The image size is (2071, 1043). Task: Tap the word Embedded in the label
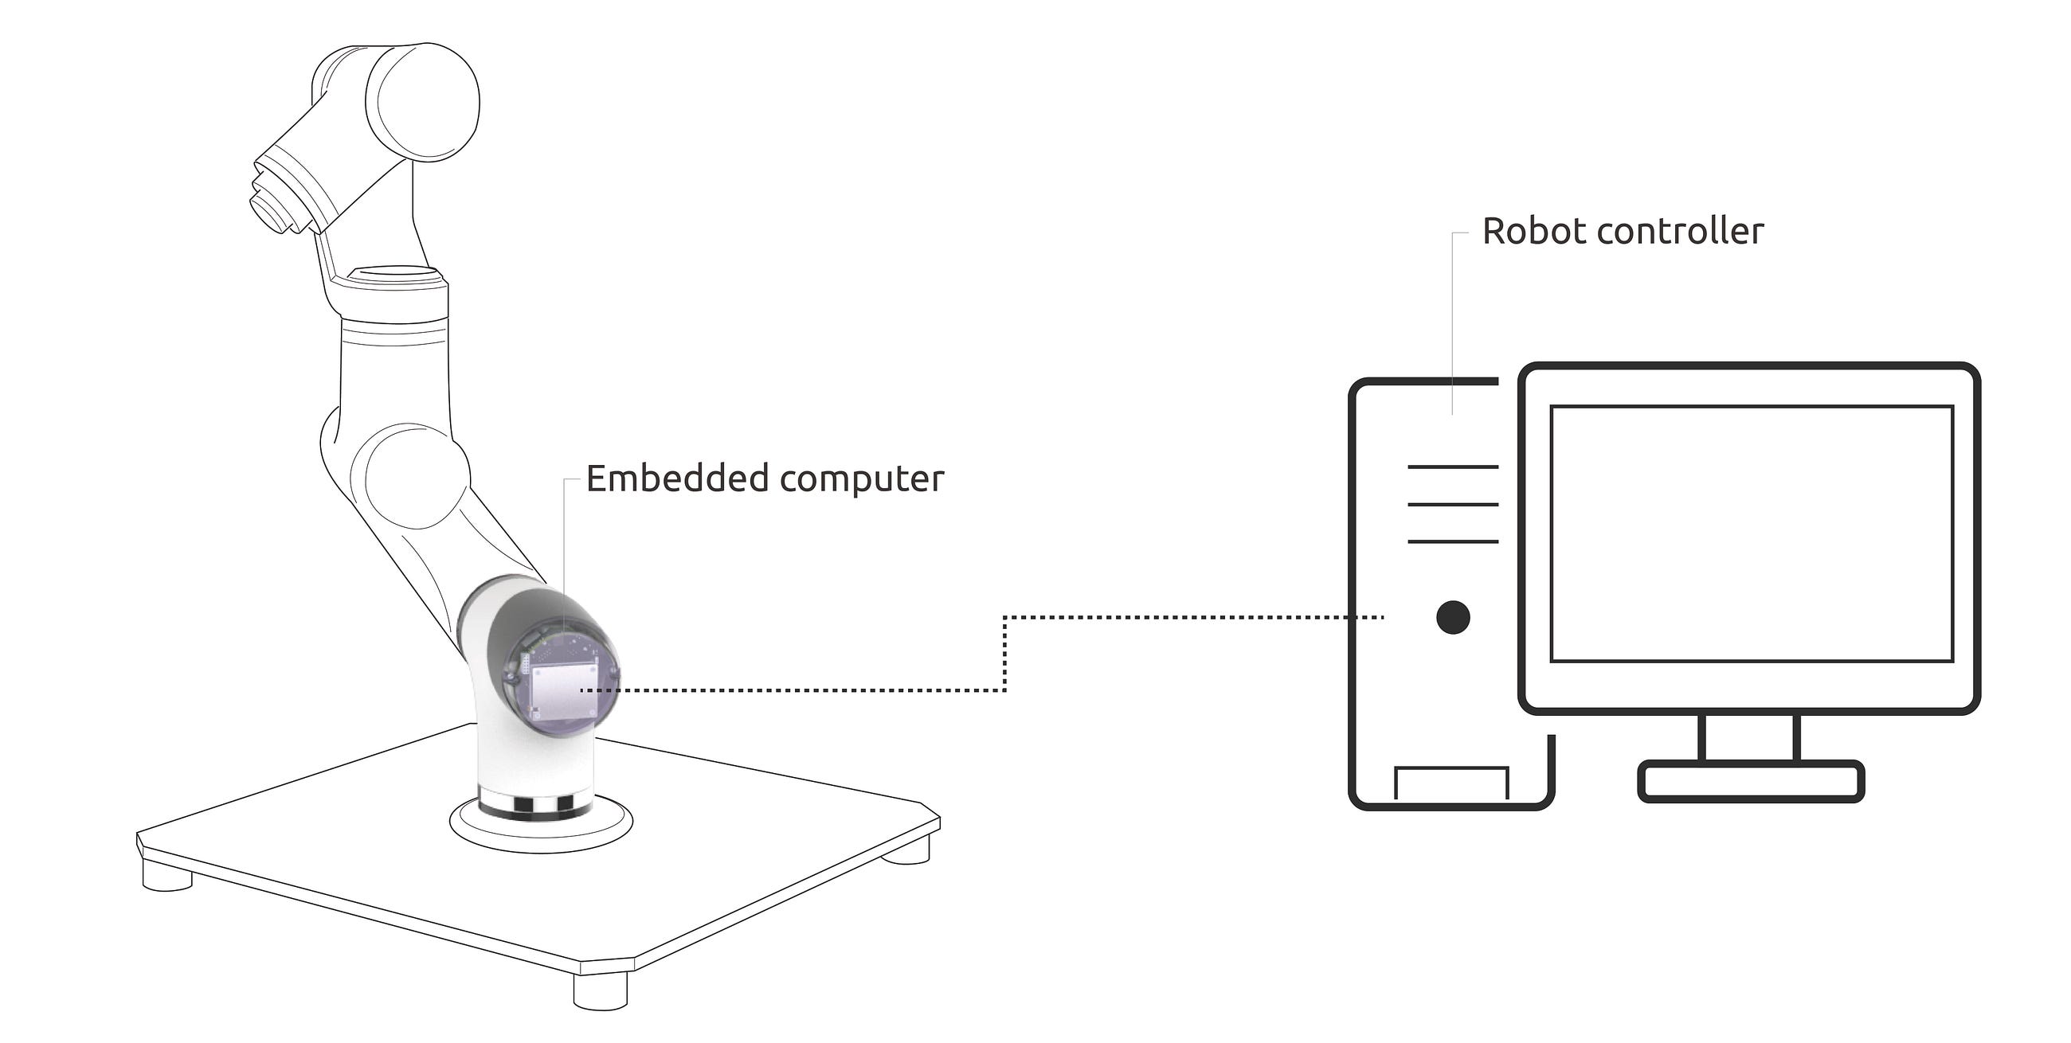coord(677,479)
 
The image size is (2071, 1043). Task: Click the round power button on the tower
coord(1453,617)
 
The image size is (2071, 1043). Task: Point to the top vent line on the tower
coord(1453,466)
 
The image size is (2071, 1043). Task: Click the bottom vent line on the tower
coord(1453,541)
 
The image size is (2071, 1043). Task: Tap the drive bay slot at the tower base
coord(1451,783)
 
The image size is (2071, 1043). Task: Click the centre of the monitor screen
coord(1752,533)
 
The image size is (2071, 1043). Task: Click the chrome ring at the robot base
coord(535,804)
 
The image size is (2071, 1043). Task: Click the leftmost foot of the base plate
coord(167,874)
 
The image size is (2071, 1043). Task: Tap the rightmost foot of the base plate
coord(906,850)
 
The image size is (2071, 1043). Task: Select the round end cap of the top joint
coord(423,102)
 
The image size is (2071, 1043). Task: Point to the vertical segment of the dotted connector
coord(1004,654)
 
